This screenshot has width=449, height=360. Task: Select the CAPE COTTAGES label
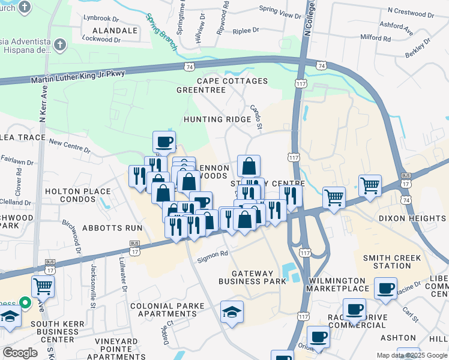[x=232, y=81]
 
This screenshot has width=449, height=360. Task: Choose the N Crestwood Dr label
[x=414, y=11]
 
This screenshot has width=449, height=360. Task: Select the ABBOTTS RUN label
[x=112, y=228]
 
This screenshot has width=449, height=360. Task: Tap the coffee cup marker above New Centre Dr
[x=164, y=142]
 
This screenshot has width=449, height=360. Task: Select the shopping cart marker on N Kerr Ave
[x=43, y=286]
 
